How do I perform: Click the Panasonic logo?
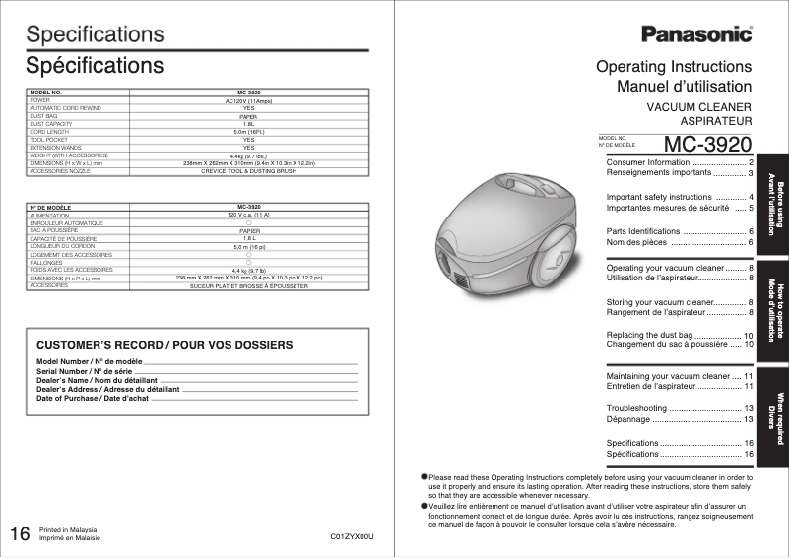[x=697, y=34]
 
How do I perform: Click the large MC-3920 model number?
[x=708, y=144]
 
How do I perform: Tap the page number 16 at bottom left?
[x=20, y=534]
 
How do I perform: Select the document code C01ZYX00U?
[x=354, y=537]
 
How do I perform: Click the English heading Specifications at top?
[x=95, y=34]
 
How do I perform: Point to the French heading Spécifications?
[x=95, y=66]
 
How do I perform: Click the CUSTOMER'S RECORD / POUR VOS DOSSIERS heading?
[x=165, y=346]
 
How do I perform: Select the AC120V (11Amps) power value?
[x=249, y=100]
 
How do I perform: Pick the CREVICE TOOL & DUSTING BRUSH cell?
[x=249, y=170]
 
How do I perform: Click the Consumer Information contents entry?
[x=647, y=161]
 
